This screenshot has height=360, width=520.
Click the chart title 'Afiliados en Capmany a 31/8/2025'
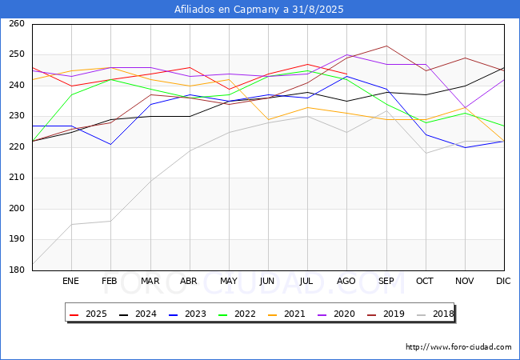[x=259, y=10]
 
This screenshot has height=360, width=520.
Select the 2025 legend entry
[x=88, y=314]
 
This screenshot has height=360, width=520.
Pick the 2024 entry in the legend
[x=138, y=314]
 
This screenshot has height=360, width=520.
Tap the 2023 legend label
[x=195, y=314]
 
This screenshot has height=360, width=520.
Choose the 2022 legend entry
[x=237, y=314]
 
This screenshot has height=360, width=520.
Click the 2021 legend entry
[x=286, y=314]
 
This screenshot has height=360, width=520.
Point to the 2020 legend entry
[x=336, y=314]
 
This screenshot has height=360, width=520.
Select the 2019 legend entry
[x=386, y=314]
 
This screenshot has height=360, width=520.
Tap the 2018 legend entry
[x=435, y=314]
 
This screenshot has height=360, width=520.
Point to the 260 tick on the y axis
[x=17, y=23]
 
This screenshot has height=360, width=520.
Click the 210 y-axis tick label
[x=17, y=178]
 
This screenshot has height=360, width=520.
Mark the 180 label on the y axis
[x=17, y=270]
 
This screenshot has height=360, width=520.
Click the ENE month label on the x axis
[x=70, y=281]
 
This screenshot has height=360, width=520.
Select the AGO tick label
[x=346, y=281]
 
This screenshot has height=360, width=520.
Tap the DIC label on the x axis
[x=503, y=281]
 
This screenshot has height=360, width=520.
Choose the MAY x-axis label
[x=229, y=281]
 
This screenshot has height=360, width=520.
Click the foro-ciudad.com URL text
[x=458, y=347]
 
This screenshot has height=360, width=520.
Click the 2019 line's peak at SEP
[x=386, y=46]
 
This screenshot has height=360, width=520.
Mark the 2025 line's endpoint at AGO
[x=347, y=74]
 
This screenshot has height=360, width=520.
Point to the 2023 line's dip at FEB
[x=110, y=144]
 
